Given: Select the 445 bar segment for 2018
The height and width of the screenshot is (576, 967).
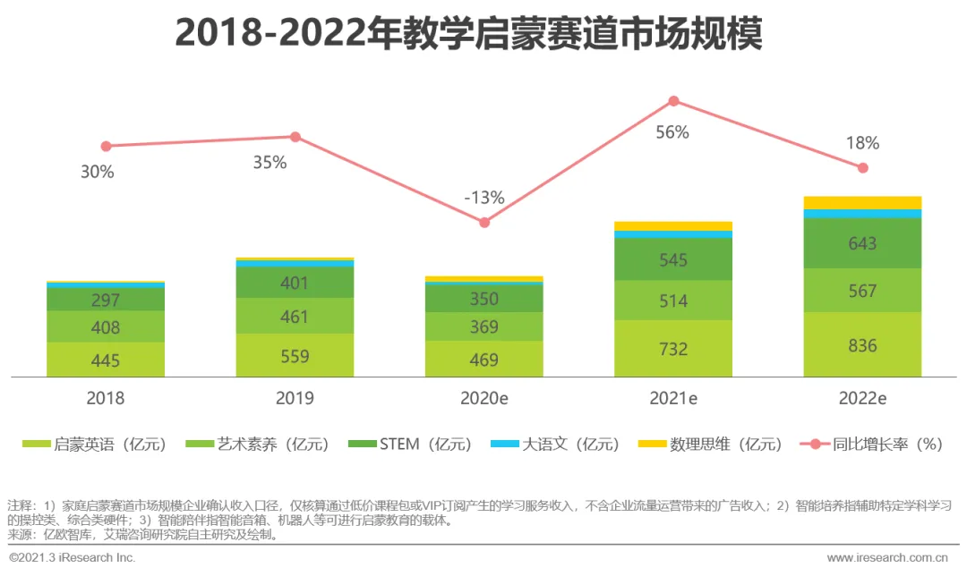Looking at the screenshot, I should coord(106,360).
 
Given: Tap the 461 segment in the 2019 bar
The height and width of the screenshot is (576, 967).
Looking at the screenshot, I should coord(295,317).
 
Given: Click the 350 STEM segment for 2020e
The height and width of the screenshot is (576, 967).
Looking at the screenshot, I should coord(483,299).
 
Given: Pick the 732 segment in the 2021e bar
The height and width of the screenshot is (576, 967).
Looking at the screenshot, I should coord(673,349).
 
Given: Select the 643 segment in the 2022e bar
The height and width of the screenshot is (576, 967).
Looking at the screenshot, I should coord(862,243).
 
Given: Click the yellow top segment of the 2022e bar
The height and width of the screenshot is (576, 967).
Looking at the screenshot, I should coord(862,202).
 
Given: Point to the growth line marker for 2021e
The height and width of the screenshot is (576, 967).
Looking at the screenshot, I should coord(673,101).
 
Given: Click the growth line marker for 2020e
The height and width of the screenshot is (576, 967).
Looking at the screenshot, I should coord(484,222).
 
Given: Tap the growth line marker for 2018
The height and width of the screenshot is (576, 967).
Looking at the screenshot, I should coord(106,146).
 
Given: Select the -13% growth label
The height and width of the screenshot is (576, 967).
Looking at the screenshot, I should coord(483,198).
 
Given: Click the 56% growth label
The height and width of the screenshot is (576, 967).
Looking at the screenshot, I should coord(672,132).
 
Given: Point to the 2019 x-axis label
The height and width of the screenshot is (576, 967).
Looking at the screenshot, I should coord(295,398).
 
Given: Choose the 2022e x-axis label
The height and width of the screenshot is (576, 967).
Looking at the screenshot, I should coord(862,398).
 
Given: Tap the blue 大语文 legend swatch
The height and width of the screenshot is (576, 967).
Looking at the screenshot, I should coord(504,444).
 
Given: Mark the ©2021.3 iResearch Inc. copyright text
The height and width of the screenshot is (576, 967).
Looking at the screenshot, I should coord(73,558).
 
